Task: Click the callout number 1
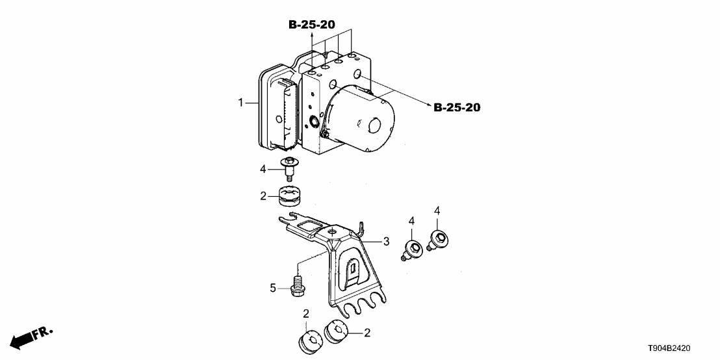[240, 103]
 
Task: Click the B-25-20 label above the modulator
[312, 25]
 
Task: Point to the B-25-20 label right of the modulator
[457, 107]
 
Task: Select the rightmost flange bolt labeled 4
[439, 240]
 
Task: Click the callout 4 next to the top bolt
[264, 169]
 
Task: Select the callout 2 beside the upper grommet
[264, 195]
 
